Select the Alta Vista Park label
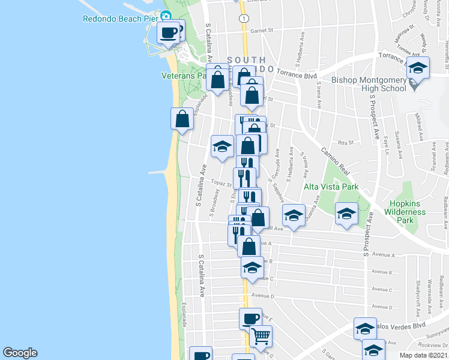click(331, 187)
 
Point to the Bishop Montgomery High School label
click(369, 83)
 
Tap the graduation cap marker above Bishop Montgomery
click(418, 68)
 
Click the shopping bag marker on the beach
click(182, 118)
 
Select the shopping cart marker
click(261, 337)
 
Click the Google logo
click(20, 353)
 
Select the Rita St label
click(345, 142)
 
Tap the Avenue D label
click(262, 295)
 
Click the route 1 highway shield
click(242, 19)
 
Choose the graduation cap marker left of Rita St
click(222, 146)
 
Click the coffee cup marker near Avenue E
click(250, 318)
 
